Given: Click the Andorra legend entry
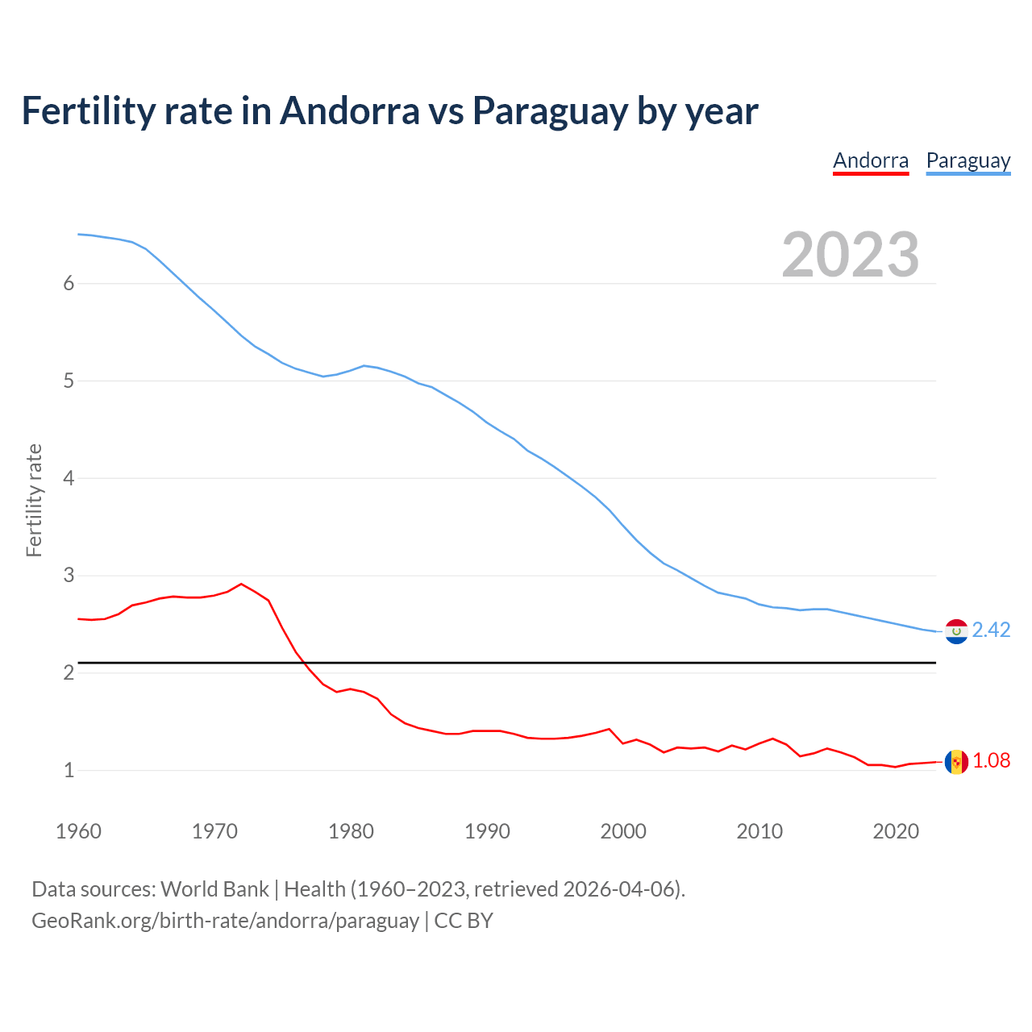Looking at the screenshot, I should click(870, 160).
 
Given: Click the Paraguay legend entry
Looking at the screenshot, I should click(967, 160).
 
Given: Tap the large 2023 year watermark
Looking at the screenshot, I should click(850, 255).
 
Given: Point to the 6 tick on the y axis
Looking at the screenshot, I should click(69, 284).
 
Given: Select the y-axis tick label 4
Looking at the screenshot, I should click(69, 478).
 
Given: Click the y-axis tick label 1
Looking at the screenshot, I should click(69, 770).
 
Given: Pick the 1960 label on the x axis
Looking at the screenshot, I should click(78, 831).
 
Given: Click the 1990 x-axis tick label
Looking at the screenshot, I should click(487, 831).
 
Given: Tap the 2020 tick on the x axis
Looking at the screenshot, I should click(896, 831).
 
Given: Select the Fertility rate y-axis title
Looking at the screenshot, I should click(34, 500).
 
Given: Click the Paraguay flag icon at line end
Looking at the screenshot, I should click(956, 630).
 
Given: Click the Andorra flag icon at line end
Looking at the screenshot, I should click(956, 761).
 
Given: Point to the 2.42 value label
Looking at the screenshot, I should click(991, 630).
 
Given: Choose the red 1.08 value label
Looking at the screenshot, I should click(991, 760).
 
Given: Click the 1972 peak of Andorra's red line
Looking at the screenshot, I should click(241, 584).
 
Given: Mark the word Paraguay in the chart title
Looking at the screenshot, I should click(550, 110).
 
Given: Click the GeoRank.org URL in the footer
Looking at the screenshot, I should click(225, 921).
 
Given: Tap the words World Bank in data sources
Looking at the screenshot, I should click(214, 889).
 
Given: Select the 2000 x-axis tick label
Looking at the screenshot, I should click(623, 831).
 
